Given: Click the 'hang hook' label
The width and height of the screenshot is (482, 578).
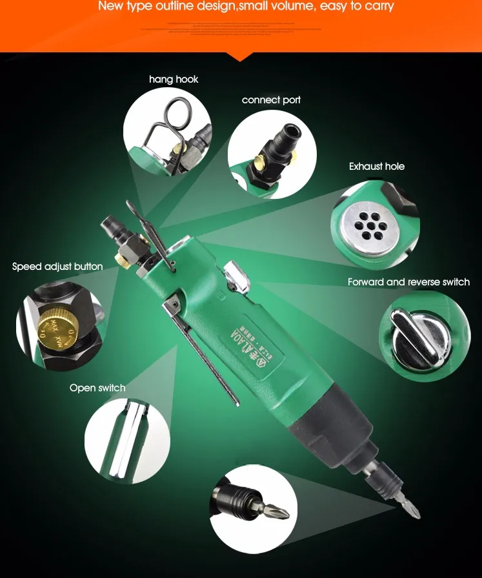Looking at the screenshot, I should point(174,79).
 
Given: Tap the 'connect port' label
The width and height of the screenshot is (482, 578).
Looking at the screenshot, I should point(271,100).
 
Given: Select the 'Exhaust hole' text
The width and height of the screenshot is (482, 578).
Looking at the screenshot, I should point(377,167).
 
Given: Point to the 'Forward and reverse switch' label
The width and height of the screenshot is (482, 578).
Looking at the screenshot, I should point(408,282).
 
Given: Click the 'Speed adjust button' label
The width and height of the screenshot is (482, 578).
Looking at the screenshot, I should point(57,267).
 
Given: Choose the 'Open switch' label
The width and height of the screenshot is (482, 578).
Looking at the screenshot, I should point(97,388).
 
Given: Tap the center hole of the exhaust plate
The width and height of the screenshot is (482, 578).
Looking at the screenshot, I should point(370,228).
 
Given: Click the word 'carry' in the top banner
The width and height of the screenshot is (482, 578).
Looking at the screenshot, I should point(377,7).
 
